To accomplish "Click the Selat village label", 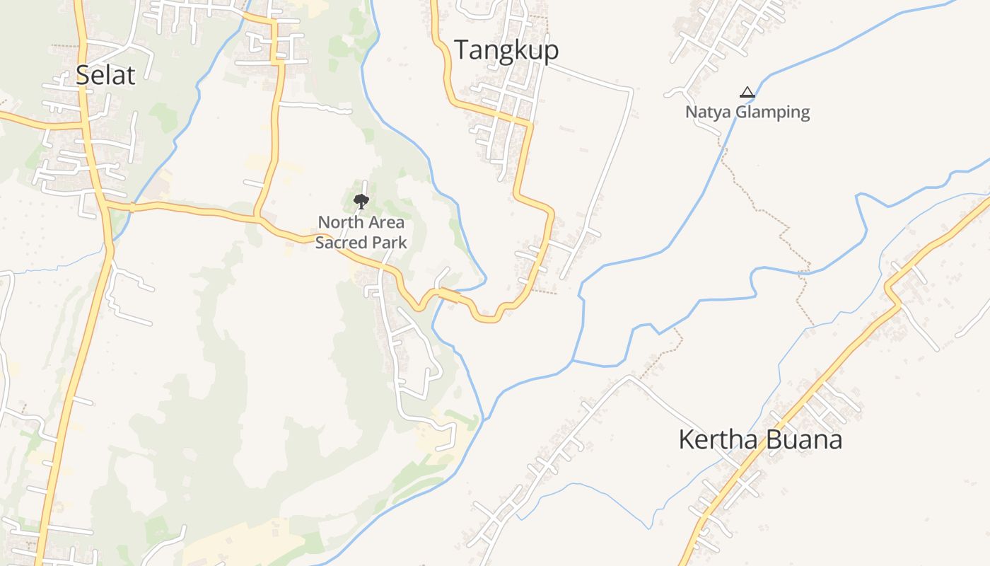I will tap(105, 74).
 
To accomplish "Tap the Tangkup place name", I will tap(506, 50).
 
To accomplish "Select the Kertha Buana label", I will tap(760, 440).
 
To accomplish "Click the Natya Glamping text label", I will tap(747, 112).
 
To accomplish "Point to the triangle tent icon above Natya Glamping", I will tap(747, 92).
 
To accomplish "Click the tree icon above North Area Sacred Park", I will tap(361, 202).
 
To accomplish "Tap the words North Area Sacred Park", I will tap(361, 232).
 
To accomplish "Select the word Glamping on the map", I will tap(774, 112).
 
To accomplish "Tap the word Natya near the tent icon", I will tap(709, 112).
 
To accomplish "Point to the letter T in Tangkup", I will tap(460, 50).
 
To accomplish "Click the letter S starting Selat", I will tap(82, 75).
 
